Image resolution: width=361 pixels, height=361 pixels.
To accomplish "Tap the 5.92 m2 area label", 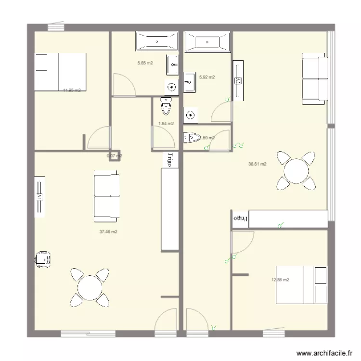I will click(206, 77).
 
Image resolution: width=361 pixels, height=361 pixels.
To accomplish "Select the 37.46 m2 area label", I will click(108, 232).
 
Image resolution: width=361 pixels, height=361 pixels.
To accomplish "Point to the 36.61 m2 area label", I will click(257, 164).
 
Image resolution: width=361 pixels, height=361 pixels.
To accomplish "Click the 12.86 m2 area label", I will click(280, 280).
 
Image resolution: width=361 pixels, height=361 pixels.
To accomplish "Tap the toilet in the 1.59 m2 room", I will click(192, 138).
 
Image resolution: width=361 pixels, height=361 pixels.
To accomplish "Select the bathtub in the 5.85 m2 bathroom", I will click(157, 41).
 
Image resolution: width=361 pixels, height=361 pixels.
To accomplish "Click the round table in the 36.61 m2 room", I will click(295, 170).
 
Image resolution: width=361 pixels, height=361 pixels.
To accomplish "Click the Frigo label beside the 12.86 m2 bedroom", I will click(240, 219).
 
